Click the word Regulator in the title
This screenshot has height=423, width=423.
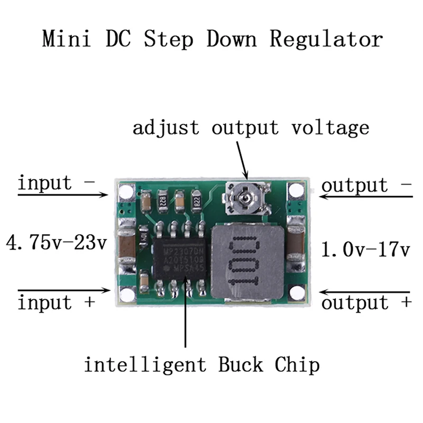click(326, 40)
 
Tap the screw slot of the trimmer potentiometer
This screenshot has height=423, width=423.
click(245, 198)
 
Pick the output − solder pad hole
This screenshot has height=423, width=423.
click(296, 191)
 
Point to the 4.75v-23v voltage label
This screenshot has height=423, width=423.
click(57, 244)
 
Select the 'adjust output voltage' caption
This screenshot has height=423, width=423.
click(251, 127)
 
